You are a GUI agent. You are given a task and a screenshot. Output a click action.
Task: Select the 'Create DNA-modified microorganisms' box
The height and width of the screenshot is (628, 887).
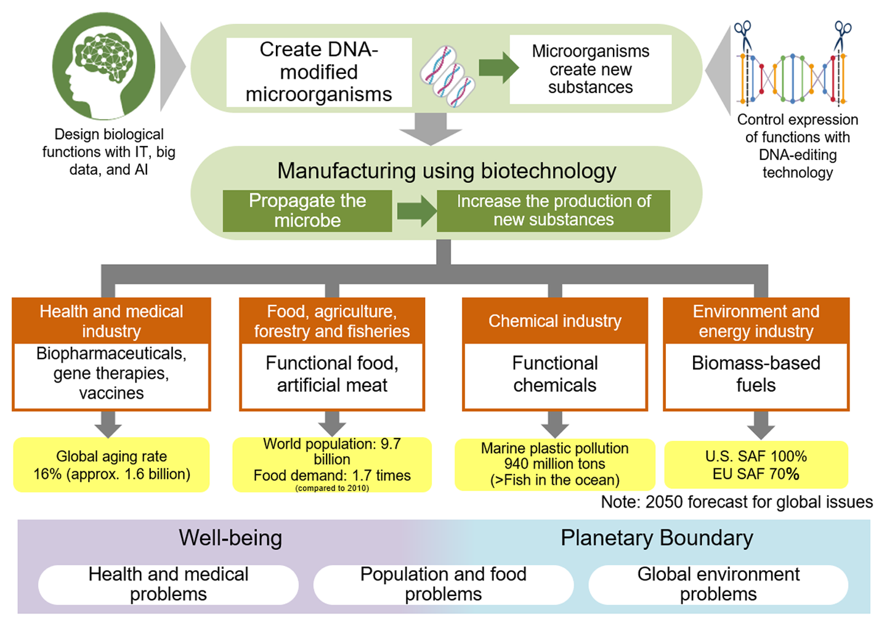pos(319,72)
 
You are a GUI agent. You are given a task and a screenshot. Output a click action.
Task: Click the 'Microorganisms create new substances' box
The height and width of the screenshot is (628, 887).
pos(590,70)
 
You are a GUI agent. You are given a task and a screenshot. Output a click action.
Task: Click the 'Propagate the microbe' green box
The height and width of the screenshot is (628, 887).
pos(307,211)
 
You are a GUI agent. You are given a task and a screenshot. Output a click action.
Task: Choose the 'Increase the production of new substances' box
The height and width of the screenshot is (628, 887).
pos(553,211)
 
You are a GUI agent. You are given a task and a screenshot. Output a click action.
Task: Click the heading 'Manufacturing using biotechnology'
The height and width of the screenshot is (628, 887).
pos(447,171)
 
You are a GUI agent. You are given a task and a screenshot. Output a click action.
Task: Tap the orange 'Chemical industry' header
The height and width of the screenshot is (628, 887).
pos(554,321)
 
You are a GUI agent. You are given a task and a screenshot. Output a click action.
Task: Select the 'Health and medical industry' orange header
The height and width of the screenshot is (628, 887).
pos(111,321)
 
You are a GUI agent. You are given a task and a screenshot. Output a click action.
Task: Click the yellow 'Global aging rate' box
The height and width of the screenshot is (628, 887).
pos(111,465)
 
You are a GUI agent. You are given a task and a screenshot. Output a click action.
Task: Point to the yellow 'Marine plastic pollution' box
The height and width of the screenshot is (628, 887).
pos(554,465)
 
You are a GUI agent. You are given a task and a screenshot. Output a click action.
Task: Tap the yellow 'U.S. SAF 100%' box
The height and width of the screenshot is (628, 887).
pos(756,465)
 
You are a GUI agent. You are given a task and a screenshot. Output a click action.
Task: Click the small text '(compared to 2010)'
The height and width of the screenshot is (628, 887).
pos(332,488)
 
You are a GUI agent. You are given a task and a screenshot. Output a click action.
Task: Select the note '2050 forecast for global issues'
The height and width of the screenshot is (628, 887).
pos(737,502)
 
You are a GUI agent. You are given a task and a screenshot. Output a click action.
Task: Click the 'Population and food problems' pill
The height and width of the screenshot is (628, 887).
pos(443,584)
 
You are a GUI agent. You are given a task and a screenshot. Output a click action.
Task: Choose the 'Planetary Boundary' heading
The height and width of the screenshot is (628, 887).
pos(657,538)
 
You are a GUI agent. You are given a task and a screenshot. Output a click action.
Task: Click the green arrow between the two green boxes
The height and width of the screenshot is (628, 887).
pos(415,211)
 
